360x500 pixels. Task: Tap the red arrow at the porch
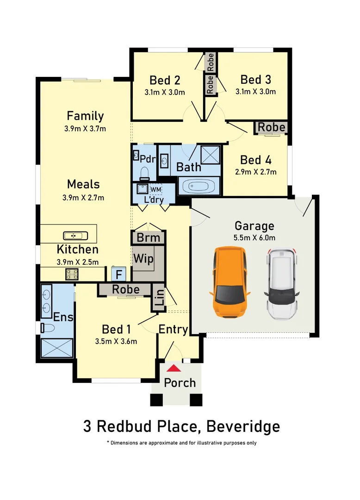click(174, 369)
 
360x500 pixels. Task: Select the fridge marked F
click(119, 274)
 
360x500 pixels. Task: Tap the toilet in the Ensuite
click(48, 328)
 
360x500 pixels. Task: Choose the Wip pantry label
click(143, 258)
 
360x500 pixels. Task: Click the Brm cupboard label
click(148, 238)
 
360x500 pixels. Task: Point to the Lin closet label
click(159, 296)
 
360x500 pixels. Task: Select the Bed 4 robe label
click(271, 127)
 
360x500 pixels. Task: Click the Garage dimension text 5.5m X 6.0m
click(254, 238)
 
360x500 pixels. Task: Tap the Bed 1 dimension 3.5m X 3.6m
click(116, 342)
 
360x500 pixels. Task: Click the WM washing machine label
click(155, 189)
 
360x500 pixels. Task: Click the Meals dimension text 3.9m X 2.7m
click(83, 198)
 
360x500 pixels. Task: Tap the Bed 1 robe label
click(126, 289)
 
